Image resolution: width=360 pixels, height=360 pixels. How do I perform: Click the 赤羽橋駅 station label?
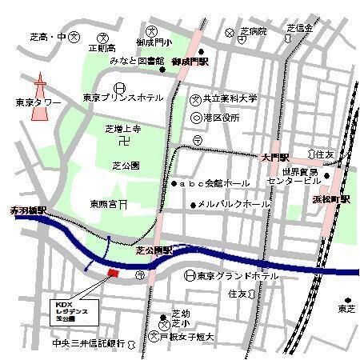[x=29, y=210]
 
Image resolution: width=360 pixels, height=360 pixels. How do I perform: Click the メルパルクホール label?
[x=234, y=204]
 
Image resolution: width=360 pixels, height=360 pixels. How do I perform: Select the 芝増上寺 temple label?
[x=123, y=128]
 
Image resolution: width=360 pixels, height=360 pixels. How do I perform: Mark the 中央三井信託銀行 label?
[x=83, y=343]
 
